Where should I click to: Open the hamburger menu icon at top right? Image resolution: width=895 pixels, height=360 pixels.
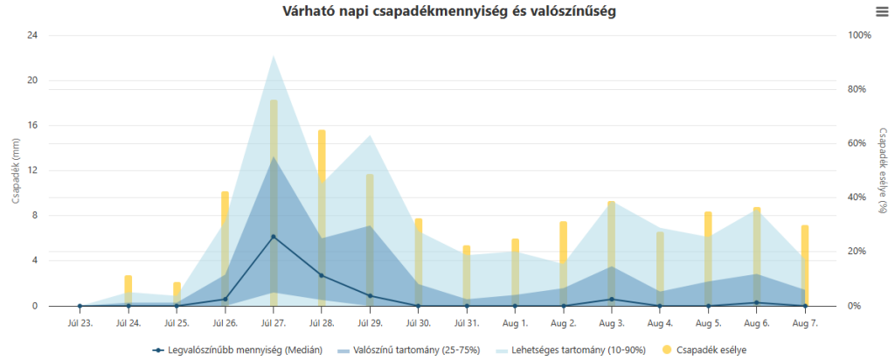[x=881, y=11]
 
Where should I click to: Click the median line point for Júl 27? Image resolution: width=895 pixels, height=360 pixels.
[x=274, y=237]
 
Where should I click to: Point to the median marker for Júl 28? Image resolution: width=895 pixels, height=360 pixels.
[x=322, y=275]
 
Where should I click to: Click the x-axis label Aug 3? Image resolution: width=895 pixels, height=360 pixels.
[x=611, y=322]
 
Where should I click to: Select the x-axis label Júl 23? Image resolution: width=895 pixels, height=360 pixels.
[x=80, y=322]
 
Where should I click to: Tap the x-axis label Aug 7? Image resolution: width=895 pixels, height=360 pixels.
[x=805, y=322]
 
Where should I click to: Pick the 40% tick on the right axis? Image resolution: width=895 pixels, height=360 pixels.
[x=857, y=197]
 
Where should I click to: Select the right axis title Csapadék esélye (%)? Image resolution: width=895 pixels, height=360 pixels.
[x=883, y=170]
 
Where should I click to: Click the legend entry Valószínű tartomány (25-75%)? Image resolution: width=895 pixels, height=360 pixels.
[x=411, y=350]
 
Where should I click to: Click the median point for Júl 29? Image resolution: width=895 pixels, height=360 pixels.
[x=370, y=295]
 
